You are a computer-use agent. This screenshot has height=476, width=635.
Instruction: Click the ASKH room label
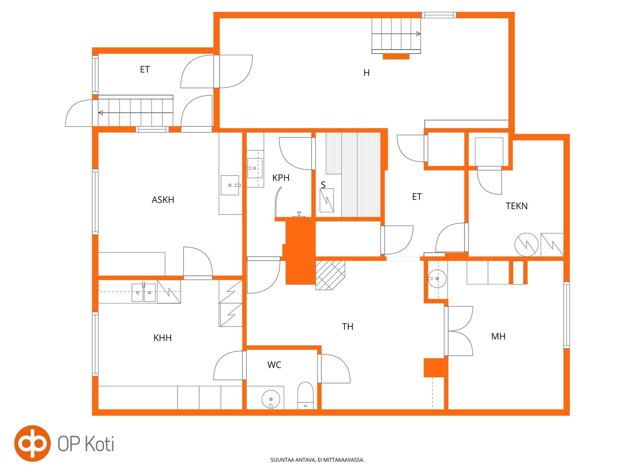tap(163, 200)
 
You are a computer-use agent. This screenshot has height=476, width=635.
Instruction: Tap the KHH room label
tap(162, 338)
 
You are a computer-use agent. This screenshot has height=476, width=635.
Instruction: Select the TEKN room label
tap(517, 206)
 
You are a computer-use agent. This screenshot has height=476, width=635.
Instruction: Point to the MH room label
tap(498, 337)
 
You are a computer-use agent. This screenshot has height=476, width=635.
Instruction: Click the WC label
tap(274, 365)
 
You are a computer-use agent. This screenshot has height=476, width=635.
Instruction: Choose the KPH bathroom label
tap(281, 178)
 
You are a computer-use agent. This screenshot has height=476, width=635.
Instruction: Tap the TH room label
tap(348, 327)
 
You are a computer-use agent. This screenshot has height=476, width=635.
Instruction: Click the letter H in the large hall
tap(366, 73)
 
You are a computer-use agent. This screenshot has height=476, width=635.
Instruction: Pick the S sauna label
tap(323, 185)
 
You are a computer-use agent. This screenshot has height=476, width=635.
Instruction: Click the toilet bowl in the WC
tap(305, 395)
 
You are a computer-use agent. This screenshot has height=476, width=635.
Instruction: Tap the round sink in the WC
tap(271, 399)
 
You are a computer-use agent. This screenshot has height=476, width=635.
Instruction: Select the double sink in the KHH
tap(144, 292)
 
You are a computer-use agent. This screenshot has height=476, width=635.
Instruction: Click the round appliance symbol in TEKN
tap(527, 245)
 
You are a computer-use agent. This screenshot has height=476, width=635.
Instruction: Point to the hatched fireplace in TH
tap(330, 275)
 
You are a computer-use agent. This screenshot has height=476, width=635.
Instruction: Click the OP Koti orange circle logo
tap(32, 443)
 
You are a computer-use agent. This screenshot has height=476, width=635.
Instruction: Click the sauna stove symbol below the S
tap(327, 200)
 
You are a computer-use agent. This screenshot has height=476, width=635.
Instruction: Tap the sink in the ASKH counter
tap(230, 185)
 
